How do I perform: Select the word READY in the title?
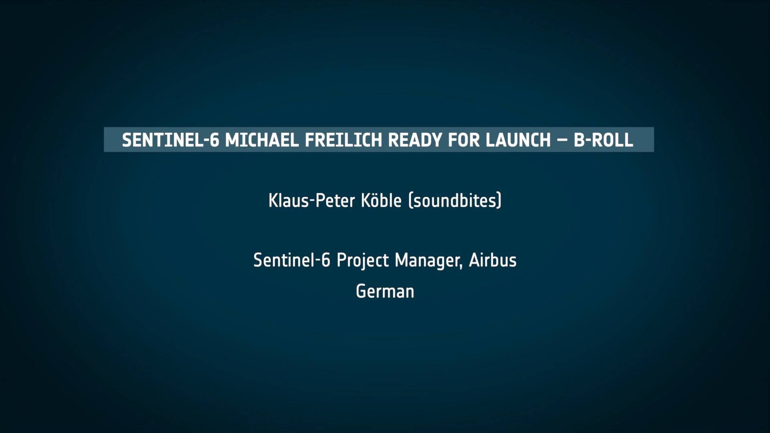(x=415, y=140)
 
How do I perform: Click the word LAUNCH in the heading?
(x=518, y=140)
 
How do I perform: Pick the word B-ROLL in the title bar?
(x=604, y=140)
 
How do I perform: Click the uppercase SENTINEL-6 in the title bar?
(x=170, y=140)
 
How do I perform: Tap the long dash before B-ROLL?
(x=562, y=140)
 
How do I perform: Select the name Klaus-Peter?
(x=312, y=200)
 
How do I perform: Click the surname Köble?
(x=381, y=200)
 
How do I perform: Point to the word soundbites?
(x=455, y=200)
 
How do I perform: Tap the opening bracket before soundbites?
(x=410, y=201)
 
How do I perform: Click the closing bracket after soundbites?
(x=499, y=201)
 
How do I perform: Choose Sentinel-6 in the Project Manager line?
(x=292, y=260)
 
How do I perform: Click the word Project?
(x=363, y=261)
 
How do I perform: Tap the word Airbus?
(x=493, y=260)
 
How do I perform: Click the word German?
(x=385, y=291)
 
